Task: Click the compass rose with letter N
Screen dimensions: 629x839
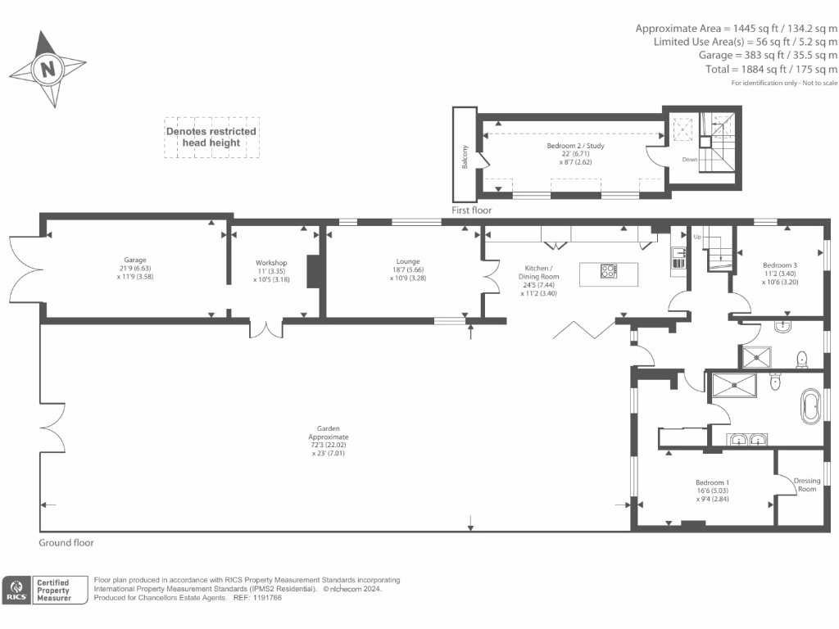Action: click(x=48, y=69)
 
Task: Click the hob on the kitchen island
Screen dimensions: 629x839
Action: click(x=609, y=271)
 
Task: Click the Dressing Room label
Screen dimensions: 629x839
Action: click(x=806, y=485)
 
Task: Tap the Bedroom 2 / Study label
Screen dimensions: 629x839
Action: click(x=575, y=146)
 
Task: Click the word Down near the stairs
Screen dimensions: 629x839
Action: click(x=690, y=160)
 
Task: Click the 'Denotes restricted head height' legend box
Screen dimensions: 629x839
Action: click(x=211, y=137)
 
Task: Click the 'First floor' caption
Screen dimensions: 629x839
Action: click(x=472, y=210)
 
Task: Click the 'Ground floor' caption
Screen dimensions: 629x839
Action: click(x=66, y=543)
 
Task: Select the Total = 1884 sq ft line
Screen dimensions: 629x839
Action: click(x=771, y=69)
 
